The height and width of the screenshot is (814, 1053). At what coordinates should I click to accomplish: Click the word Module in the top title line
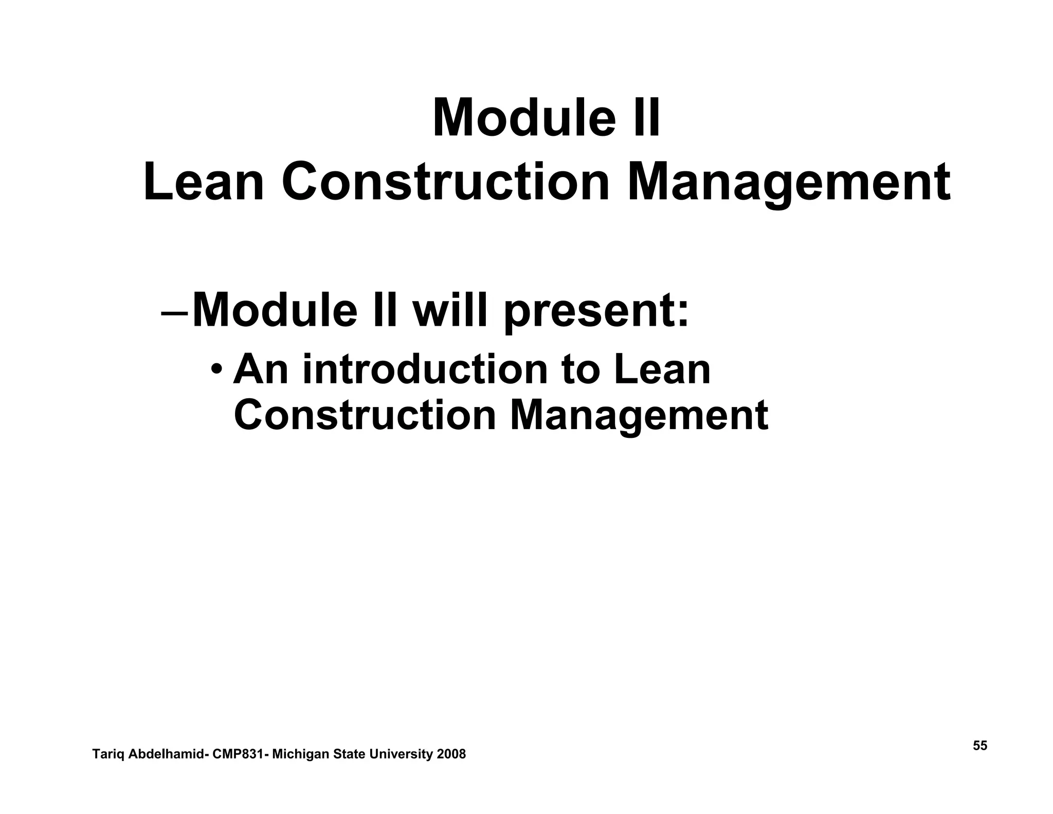[523, 119]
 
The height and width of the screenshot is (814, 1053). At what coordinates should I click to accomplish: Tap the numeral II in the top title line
[646, 119]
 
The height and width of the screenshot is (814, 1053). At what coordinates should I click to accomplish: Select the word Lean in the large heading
[204, 183]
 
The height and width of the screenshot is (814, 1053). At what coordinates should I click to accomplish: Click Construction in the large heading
[445, 183]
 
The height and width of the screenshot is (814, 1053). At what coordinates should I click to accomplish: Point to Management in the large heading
[788, 183]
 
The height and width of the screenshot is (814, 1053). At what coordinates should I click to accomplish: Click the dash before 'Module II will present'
[175, 313]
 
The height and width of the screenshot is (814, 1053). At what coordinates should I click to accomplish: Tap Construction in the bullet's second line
[365, 415]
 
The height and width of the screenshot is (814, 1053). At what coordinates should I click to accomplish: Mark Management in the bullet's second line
[639, 415]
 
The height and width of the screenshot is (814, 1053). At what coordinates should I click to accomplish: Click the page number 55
[979, 746]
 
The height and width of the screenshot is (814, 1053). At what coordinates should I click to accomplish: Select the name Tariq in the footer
[108, 755]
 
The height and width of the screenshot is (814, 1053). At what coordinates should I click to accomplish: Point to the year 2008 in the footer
[451, 754]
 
